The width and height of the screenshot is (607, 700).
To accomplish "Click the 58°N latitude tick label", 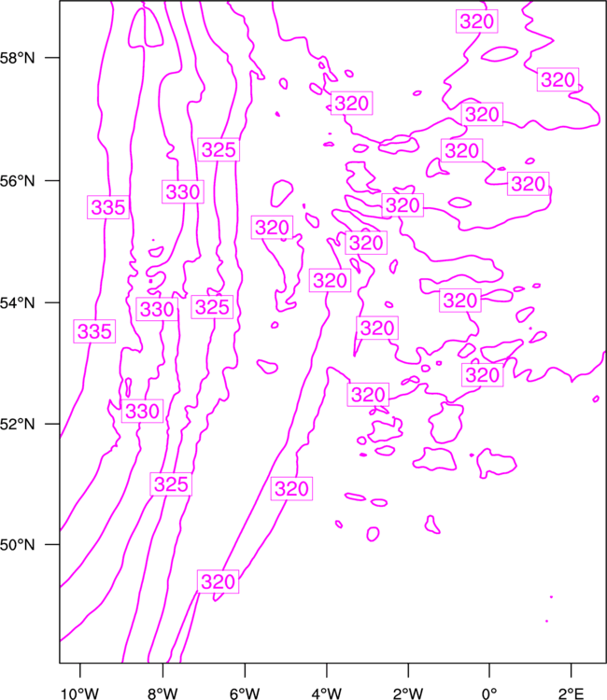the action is pyautogui.click(x=17, y=58).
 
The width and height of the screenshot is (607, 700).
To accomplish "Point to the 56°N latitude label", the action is pyautogui.click(x=17, y=181).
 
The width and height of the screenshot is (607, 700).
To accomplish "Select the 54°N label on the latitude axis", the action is pyautogui.click(x=17, y=303).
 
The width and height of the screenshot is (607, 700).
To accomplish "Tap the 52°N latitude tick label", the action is pyautogui.click(x=17, y=424).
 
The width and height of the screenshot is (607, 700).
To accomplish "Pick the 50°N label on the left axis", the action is pyautogui.click(x=17, y=545).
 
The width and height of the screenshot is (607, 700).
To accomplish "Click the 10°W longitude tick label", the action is pyautogui.click(x=79, y=693).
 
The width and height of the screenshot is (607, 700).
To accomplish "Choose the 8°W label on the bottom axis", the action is pyautogui.click(x=162, y=693).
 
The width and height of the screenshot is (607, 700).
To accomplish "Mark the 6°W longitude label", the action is pyautogui.click(x=245, y=693).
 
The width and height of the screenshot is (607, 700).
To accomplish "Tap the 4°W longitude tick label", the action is pyautogui.click(x=327, y=693).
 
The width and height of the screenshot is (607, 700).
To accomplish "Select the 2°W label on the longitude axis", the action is pyautogui.click(x=408, y=693).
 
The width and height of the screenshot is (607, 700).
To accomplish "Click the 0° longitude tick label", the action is pyautogui.click(x=489, y=693).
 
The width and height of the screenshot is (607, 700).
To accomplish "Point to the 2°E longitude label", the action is pyautogui.click(x=572, y=693).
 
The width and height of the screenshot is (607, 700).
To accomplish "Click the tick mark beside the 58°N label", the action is pyautogui.click(x=52, y=58).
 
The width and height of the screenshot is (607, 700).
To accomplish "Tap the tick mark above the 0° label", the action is pyautogui.click(x=489, y=670).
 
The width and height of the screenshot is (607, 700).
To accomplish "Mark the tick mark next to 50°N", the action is pyautogui.click(x=52, y=544).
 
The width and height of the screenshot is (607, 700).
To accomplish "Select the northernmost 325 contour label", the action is pyautogui.click(x=219, y=149).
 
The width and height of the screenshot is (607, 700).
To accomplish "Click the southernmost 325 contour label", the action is pyautogui.click(x=171, y=483).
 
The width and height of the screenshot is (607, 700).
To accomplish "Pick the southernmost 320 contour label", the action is pyautogui.click(x=218, y=581).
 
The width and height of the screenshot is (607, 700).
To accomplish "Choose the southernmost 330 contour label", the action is pyautogui.click(x=142, y=412).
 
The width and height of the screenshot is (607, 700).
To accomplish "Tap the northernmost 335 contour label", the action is pyautogui.click(x=108, y=207).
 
